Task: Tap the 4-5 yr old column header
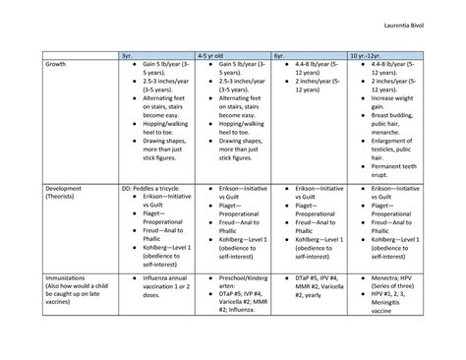pos(211,56)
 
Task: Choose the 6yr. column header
pos(281,56)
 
